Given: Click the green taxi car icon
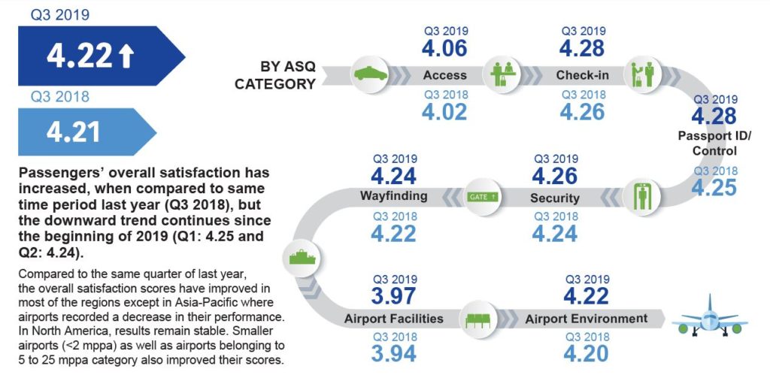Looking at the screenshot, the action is (x=370, y=74).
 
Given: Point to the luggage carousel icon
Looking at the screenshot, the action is (x=302, y=257).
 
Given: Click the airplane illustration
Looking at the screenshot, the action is (x=709, y=317).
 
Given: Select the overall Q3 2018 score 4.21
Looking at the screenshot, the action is (x=73, y=132).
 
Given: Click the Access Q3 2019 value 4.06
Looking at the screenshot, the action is (x=444, y=48).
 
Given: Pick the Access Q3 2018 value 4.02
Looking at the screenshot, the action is (x=444, y=112).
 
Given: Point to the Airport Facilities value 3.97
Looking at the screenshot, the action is (x=394, y=297).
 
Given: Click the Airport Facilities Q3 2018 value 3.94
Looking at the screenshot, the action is (x=394, y=353).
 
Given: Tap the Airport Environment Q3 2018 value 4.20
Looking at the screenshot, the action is (x=586, y=353).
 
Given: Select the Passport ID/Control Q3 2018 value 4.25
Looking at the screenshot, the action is (x=714, y=187).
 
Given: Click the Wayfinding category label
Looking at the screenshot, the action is (x=394, y=196).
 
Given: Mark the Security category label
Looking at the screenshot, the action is (x=554, y=198).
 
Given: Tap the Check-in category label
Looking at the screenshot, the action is (x=583, y=75).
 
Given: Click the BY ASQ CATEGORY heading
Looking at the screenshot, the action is (x=275, y=75).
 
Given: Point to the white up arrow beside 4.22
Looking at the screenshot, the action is (x=126, y=56).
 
